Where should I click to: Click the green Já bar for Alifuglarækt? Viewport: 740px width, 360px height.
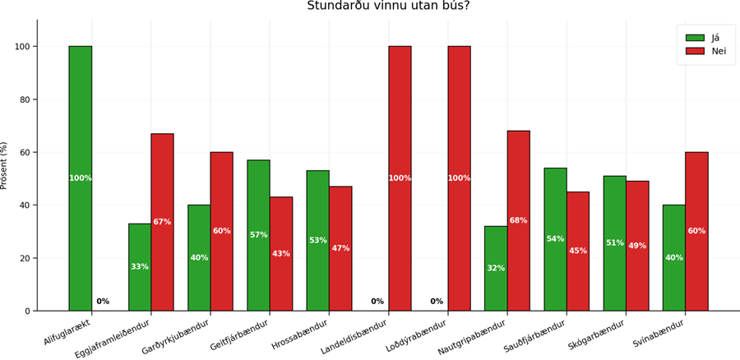pyautogui.click(x=81, y=178)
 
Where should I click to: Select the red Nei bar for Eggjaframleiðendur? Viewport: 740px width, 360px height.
pyautogui.click(x=162, y=222)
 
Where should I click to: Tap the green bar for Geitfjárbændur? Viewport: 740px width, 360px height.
pyautogui.click(x=258, y=235)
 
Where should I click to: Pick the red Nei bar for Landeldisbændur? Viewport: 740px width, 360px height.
pyautogui.click(x=400, y=178)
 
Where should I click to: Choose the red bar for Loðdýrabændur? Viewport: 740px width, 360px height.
pyautogui.click(x=459, y=178)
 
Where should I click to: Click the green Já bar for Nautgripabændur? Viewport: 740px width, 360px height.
pyautogui.click(x=496, y=268)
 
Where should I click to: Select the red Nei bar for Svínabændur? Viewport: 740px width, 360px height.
pyautogui.click(x=696, y=231)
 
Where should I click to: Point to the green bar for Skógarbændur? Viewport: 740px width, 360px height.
pyautogui.click(x=614, y=243)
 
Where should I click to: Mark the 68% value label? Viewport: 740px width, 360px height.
pyautogui.click(x=518, y=220)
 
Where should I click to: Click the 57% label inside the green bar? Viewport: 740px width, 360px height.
pyautogui.click(x=258, y=235)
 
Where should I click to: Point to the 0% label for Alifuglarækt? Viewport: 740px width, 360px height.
pyautogui.click(x=103, y=302)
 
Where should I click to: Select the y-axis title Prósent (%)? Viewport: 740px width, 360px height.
pyautogui.click(x=4, y=165)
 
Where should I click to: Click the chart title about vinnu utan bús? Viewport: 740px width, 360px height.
pyautogui.click(x=388, y=6)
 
